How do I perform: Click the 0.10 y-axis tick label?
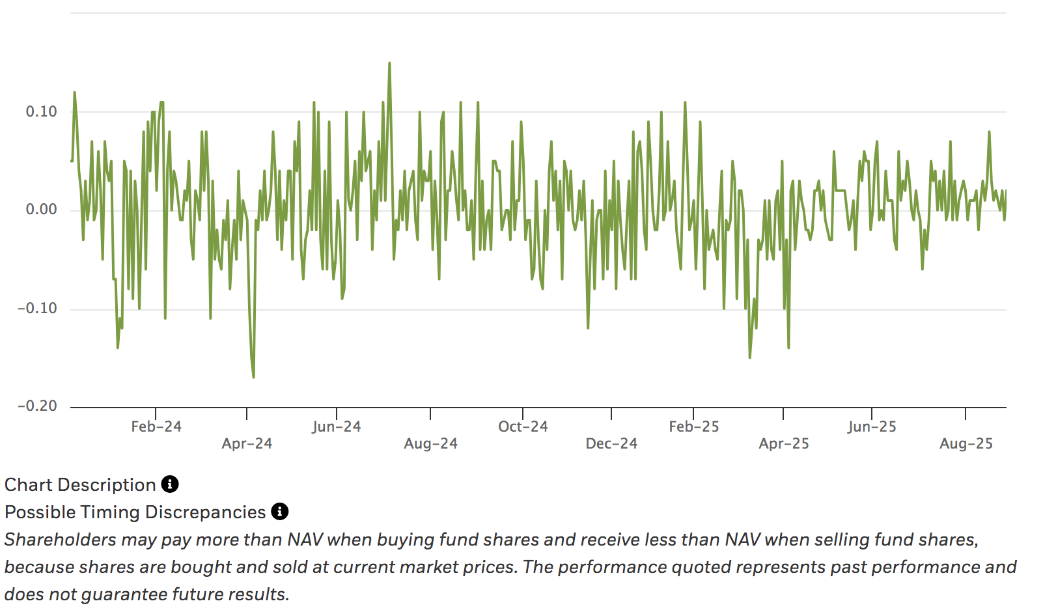(x=41, y=111)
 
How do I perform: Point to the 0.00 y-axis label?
(x=41, y=210)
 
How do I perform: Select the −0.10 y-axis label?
(x=37, y=308)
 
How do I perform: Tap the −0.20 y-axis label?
(x=37, y=406)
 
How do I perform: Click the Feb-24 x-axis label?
(x=156, y=427)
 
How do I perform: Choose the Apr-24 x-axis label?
(x=247, y=444)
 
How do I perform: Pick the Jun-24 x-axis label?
(x=336, y=427)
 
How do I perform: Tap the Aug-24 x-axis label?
(x=430, y=444)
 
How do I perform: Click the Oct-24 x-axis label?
(x=523, y=427)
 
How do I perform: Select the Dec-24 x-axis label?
(x=611, y=444)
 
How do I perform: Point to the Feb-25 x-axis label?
(x=693, y=427)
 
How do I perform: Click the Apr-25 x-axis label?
(x=784, y=444)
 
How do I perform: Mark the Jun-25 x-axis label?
(x=872, y=427)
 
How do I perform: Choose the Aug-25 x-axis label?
(x=966, y=444)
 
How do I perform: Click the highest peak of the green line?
(x=389, y=63)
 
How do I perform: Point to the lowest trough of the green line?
(x=253, y=377)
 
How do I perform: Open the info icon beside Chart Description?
(x=170, y=484)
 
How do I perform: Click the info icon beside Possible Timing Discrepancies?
(x=280, y=512)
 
